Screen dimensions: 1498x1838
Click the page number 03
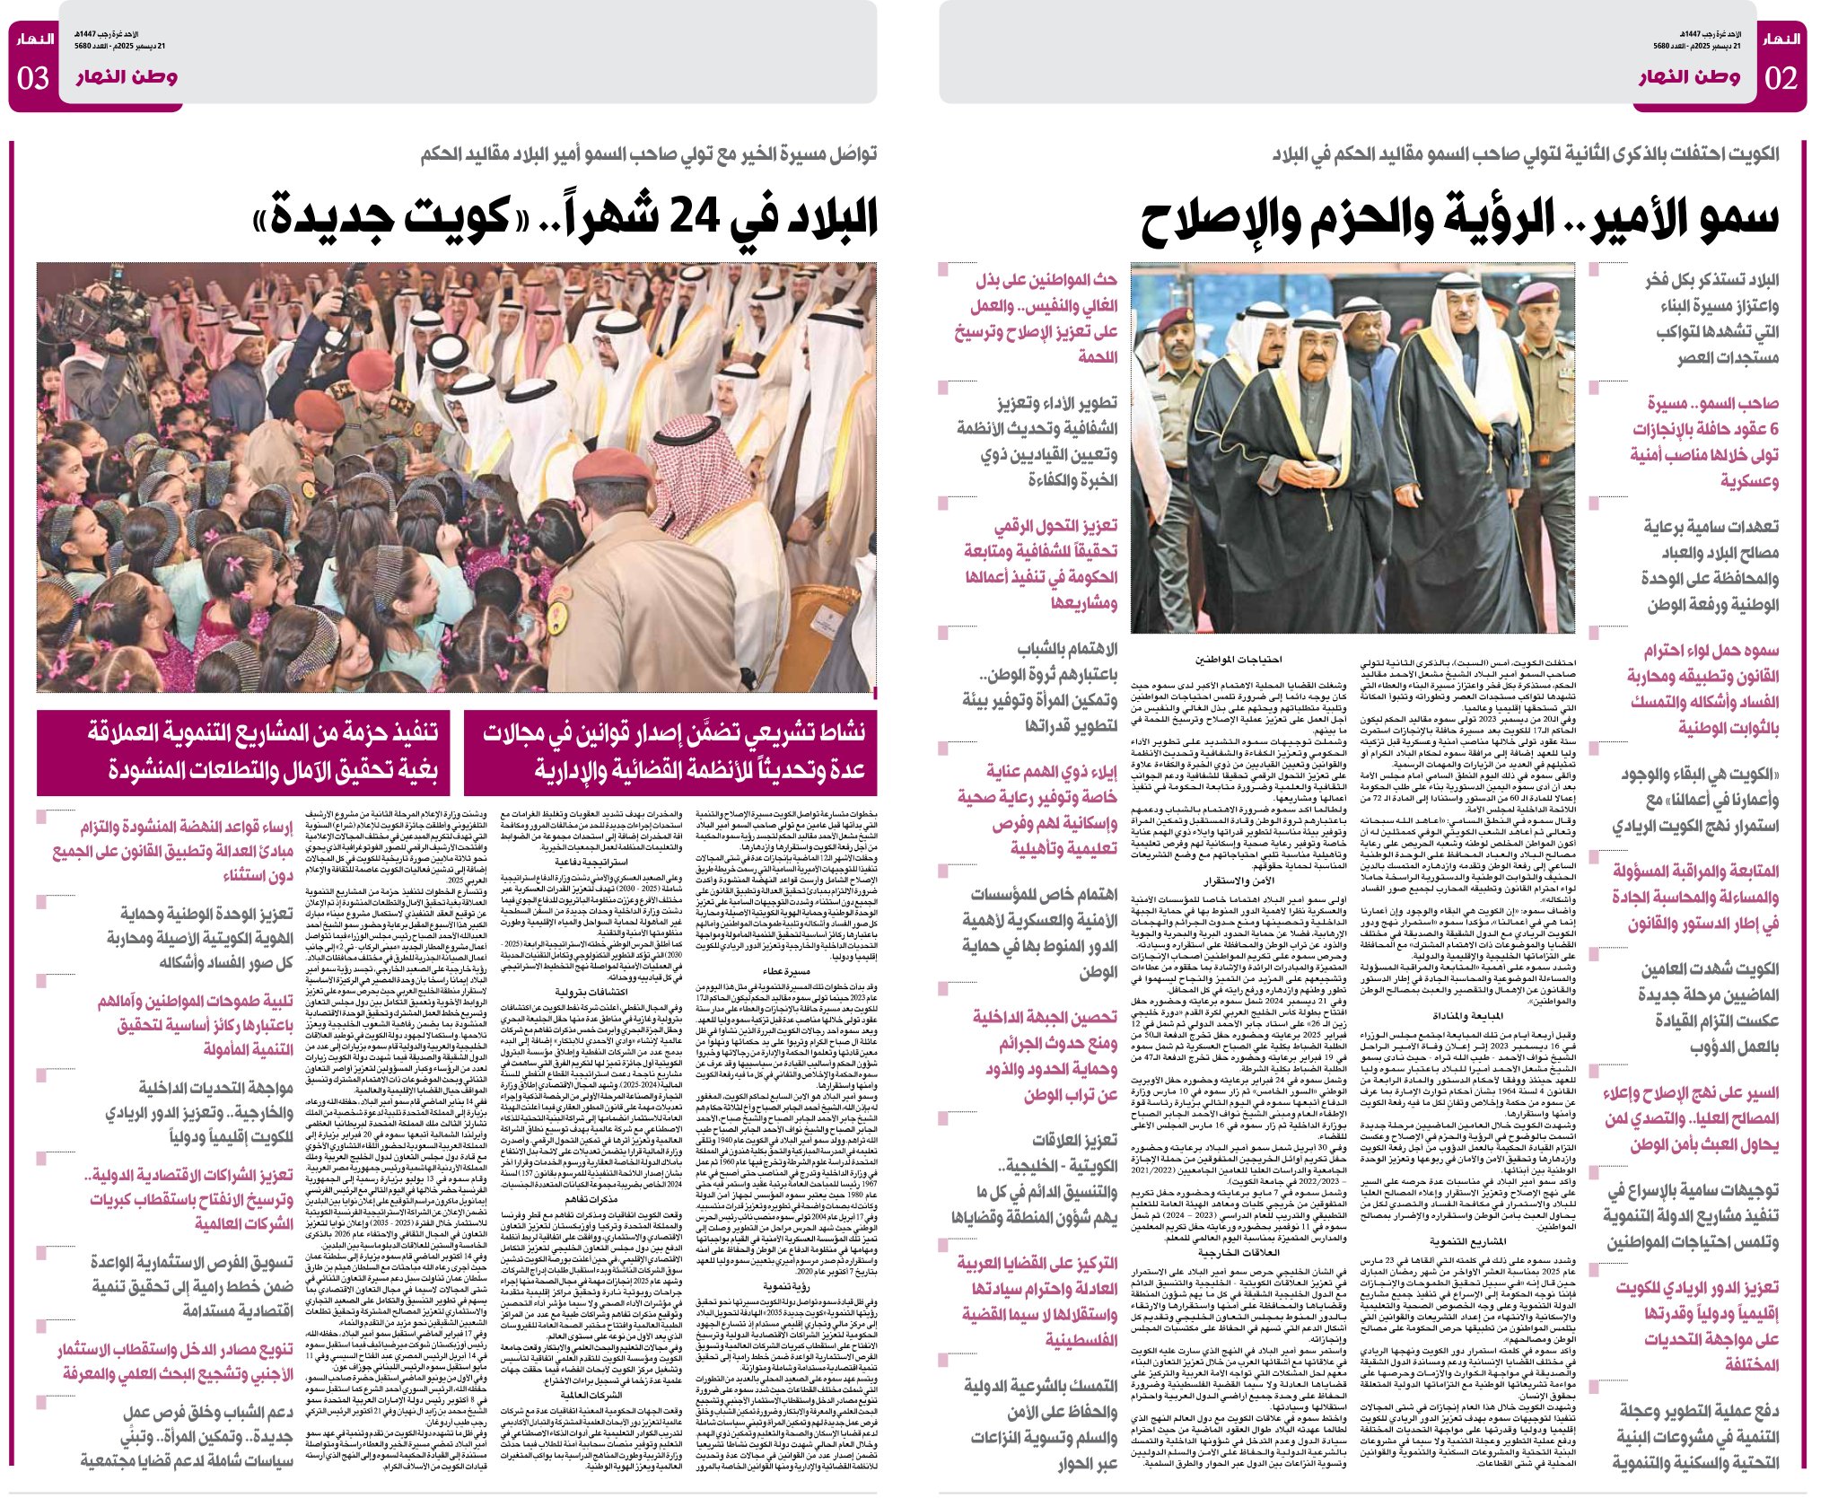pyautogui.click(x=33, y=78)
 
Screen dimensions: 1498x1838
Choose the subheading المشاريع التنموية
pyautogui.click(x=1467, y=1242)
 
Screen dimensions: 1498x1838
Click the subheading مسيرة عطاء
pyautogui.click(x=785, y=971)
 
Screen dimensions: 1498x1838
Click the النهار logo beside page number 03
pyautogui.click(x=34, y=39)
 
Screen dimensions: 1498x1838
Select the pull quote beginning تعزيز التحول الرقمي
pyautogui.click(x=1041, y=564)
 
